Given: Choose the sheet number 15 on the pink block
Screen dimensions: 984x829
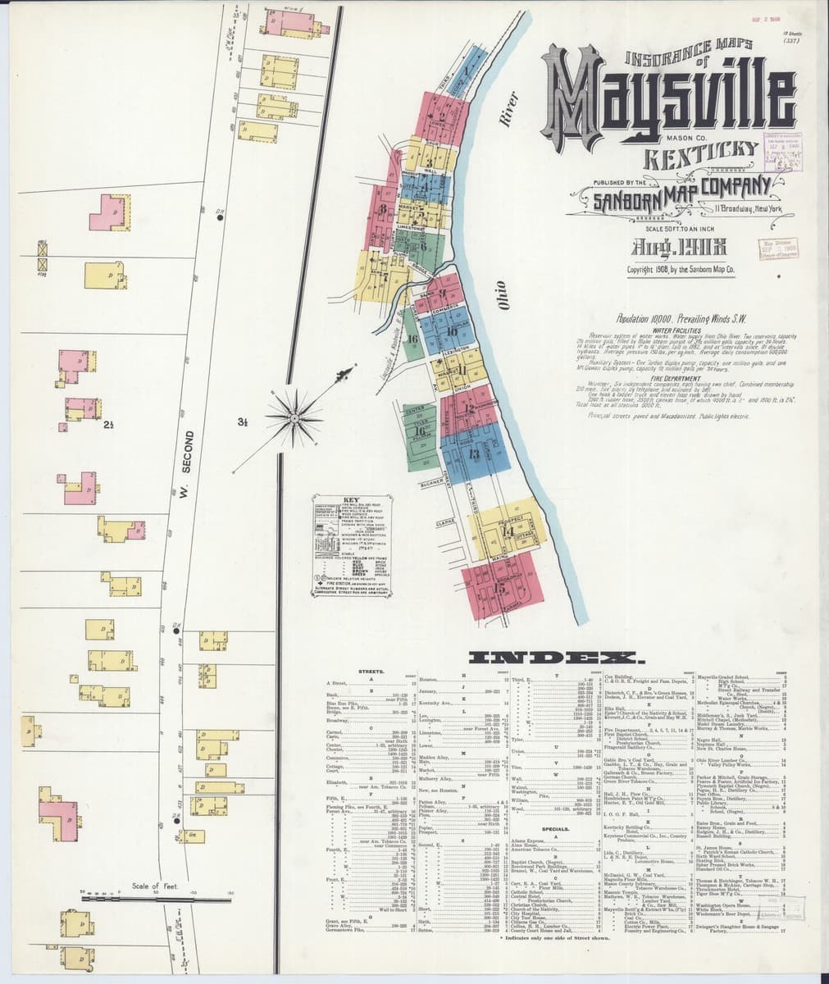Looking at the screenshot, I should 499,587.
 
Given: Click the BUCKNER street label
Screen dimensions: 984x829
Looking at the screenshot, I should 432,484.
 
